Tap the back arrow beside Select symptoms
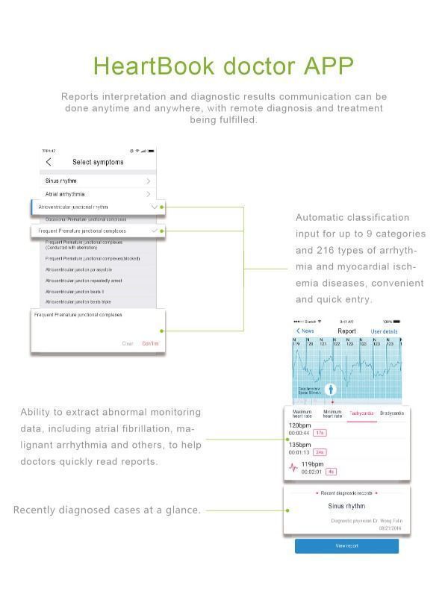[x=49, y=162]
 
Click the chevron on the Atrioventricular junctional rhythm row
[x=154, y=207]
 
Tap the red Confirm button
[x=150, y=343]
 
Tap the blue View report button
[x=346, y=546]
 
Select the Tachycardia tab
[x=361, y=413]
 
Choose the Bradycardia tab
[x=391, y=413]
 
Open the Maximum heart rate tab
[x=302, y=414]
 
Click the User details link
[x=384, y=331]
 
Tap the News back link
[x=305, y=331]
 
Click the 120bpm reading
[x=299, y=426]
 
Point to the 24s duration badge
[x=320, y=452]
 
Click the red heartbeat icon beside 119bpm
[x=293, y=469]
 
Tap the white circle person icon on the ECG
[x=331, y=390]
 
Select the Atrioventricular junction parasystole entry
[x=78, y=269]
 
